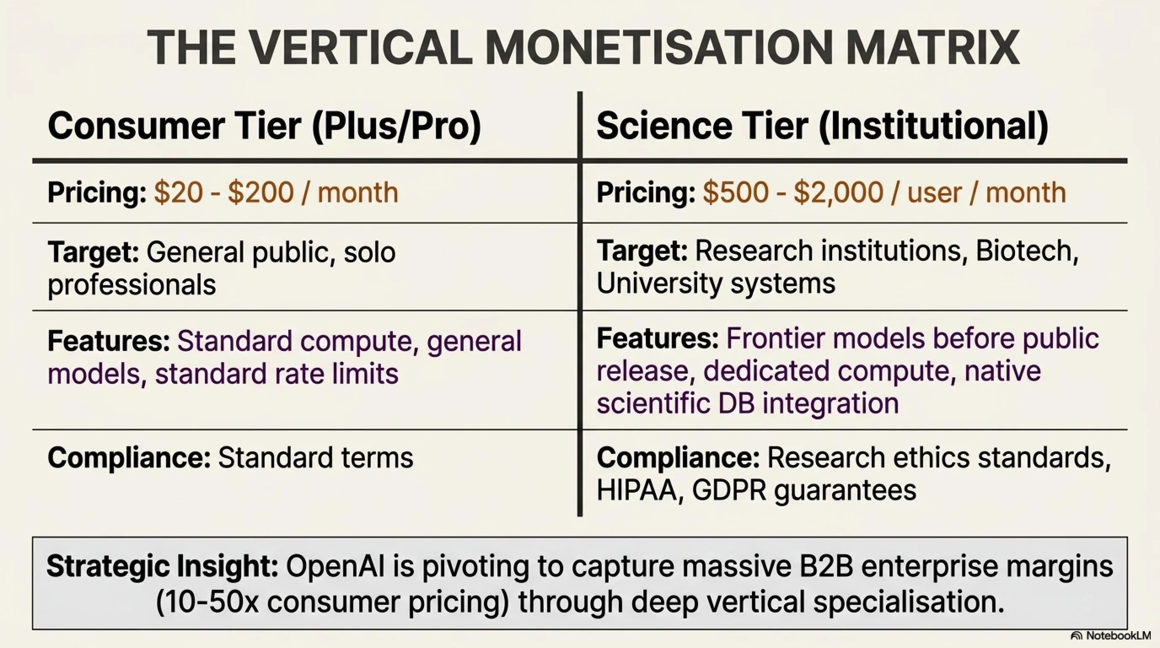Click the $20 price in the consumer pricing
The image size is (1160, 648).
(x=178, y=192)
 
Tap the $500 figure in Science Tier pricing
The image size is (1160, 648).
(x=736, y=192)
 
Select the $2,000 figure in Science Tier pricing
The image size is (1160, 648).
(x=838, y=193)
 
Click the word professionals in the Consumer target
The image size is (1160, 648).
(x=132, y=285)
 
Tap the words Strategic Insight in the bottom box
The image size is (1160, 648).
(x=163, y=567)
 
